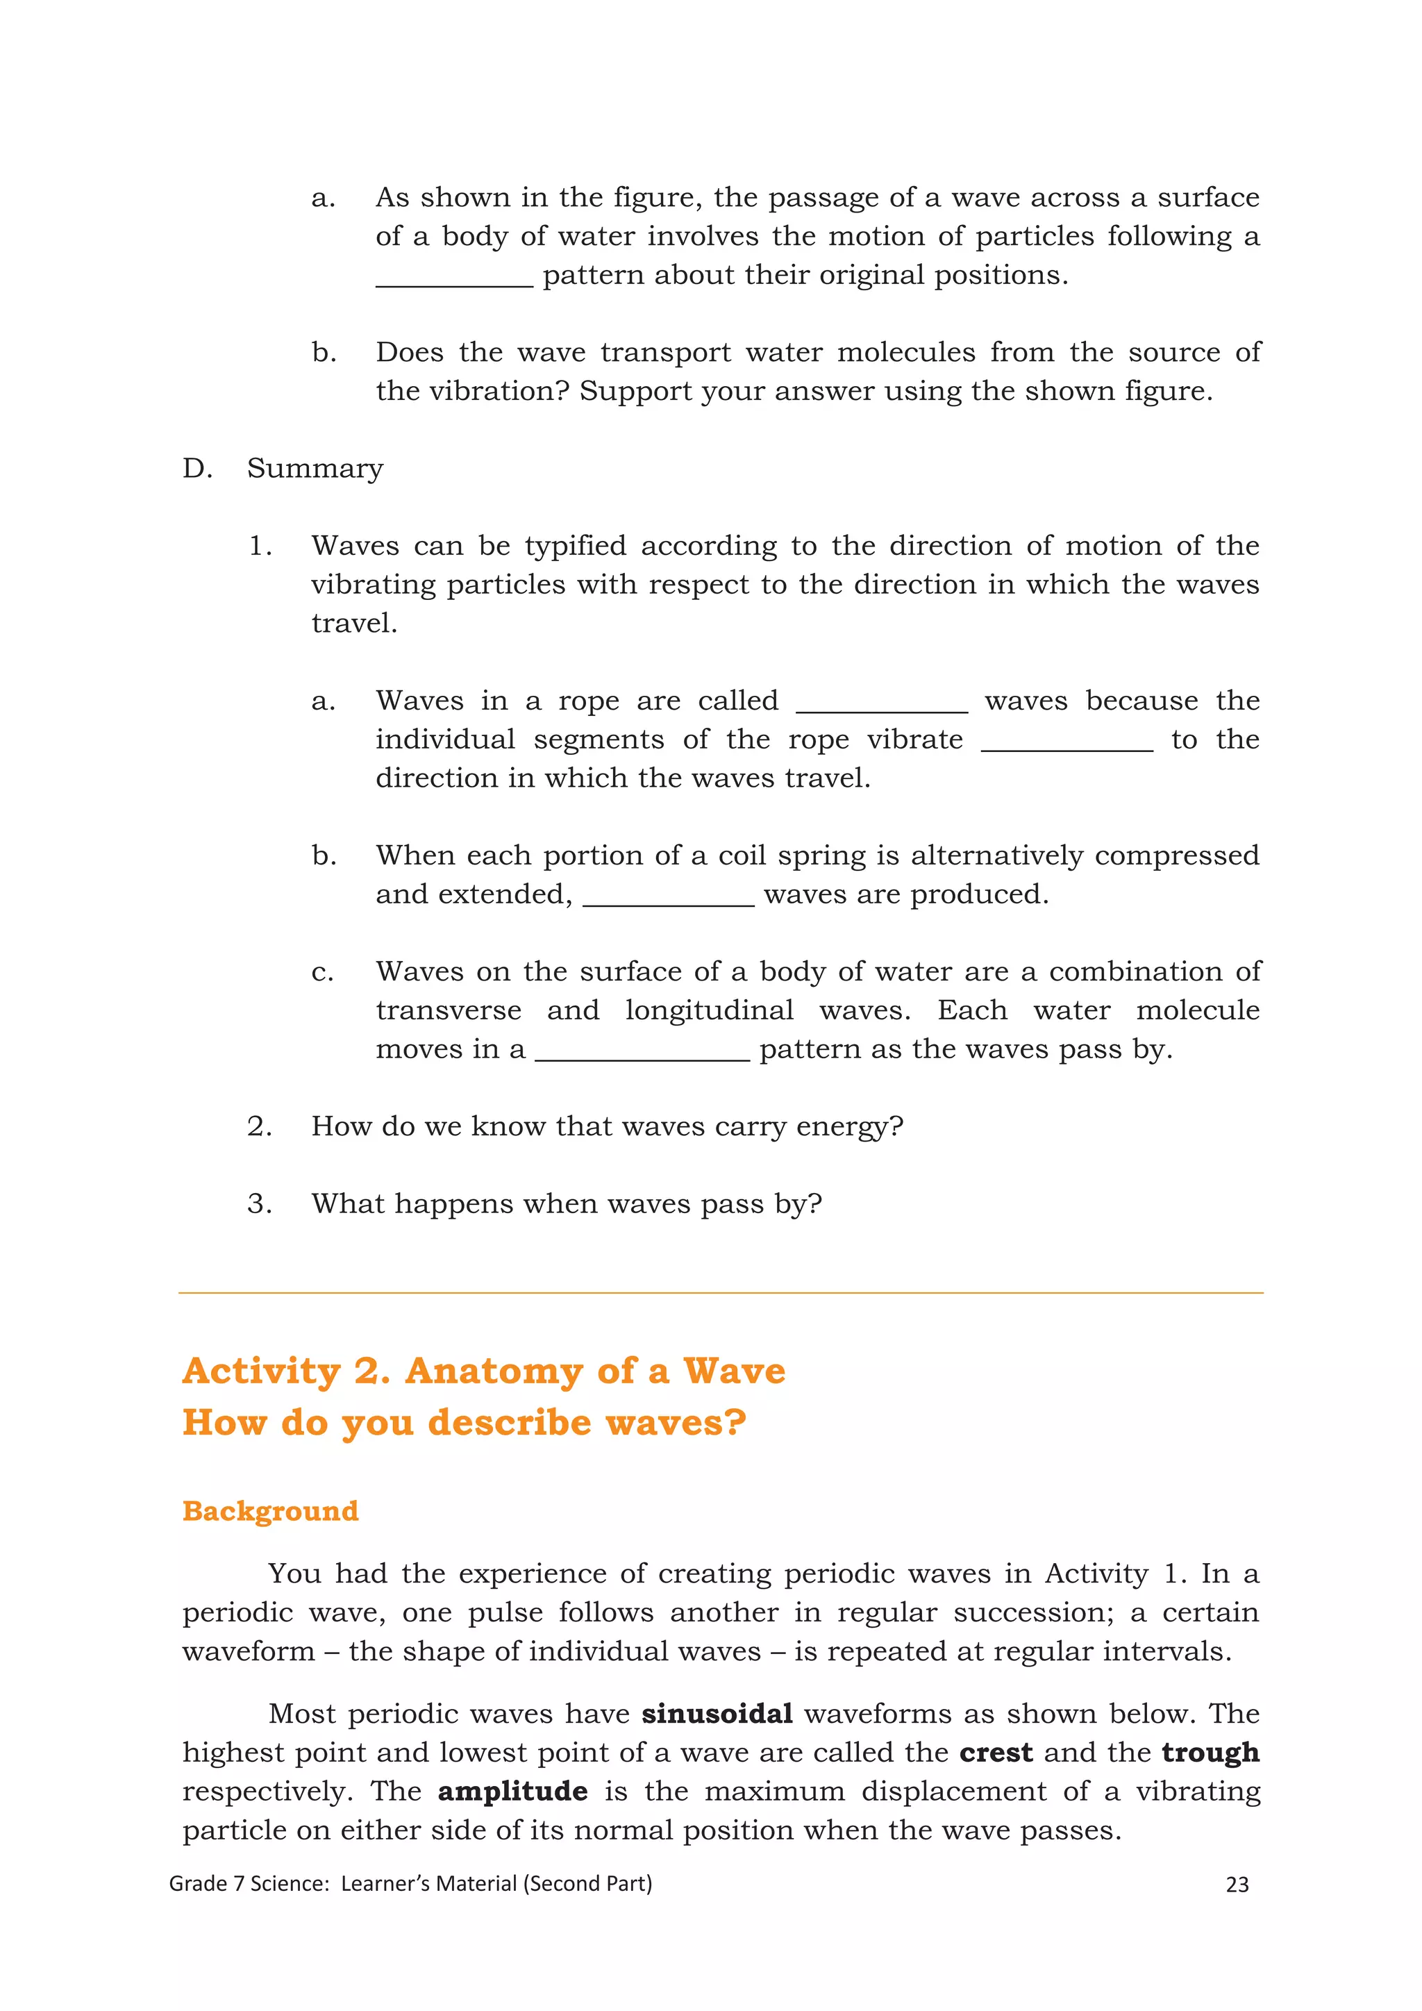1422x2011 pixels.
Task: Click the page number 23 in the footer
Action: pos(1237,1884)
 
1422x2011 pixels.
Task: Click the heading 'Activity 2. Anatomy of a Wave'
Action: pos(483,1371)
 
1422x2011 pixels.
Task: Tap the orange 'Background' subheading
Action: pos(271,1511)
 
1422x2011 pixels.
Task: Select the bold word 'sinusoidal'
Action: pos(717,1713)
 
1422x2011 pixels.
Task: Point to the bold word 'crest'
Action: pos(996,1753)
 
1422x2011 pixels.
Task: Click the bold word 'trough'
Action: pos(1210,1753)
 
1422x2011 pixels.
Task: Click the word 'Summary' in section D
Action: pos(315,469)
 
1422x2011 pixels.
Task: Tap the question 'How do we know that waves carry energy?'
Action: pos(606,1126)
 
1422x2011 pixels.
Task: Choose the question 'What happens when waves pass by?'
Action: pos(567,1203)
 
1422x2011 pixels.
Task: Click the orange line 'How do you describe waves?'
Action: pos(464,1422)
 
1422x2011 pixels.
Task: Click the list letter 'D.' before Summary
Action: pos(197,469)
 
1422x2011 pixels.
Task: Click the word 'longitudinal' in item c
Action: pos(708,1011)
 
